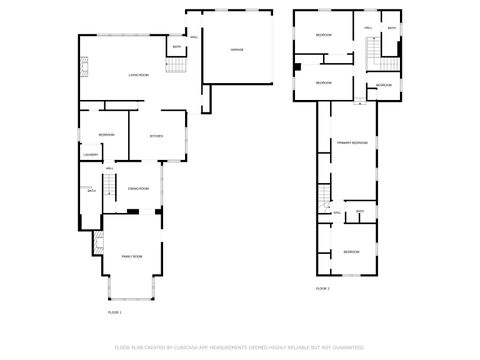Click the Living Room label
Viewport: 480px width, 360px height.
[138, 75]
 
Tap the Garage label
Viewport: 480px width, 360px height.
[237, 49]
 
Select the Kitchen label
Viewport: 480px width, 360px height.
[156, 136]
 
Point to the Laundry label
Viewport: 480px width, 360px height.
[90, 154]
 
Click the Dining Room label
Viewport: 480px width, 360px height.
[138, 188]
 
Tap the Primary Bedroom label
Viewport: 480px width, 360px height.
[352, 143]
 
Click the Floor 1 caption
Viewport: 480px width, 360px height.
[115, 313]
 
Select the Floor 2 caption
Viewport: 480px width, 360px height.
[323, 288]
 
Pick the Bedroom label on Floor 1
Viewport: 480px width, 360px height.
[106, 135]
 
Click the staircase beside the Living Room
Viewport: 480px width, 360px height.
[176, 66]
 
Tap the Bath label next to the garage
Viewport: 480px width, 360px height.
[177, 47]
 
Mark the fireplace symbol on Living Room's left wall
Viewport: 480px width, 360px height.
[84, 68]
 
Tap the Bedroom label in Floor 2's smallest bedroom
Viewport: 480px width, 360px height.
[384, 86]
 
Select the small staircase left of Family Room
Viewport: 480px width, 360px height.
[97, 241]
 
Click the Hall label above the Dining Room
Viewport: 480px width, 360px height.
[110, 169]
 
